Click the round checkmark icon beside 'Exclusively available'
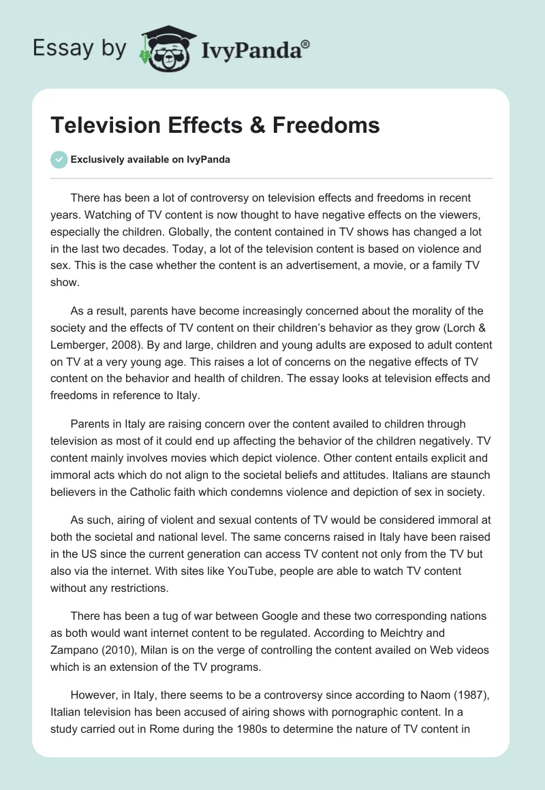tap(59, 159)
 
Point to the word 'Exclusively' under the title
tap(97, 160)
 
